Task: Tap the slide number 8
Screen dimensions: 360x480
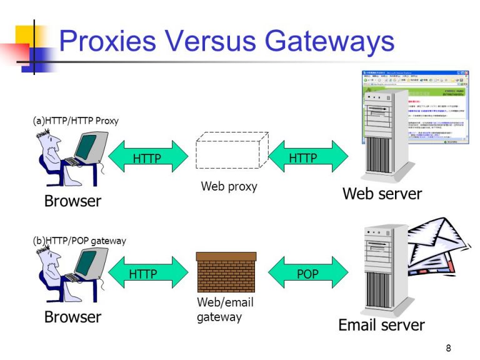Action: pyautogui.click(x=448, y=348)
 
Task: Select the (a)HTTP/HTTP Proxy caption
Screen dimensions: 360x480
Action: pyautogui.click(x=76, y=121)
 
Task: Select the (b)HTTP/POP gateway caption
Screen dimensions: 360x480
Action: pyautogui.click(x=79, y=241)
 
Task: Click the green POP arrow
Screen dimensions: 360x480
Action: pyautogui.click(x=307, y=274)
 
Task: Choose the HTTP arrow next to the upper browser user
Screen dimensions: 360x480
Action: pyautogui.click(x=147, y=158)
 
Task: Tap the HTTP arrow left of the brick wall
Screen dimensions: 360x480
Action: pyautogui.click(x=147, y=274)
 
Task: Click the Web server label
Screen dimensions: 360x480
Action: pyautogui.click(x=382, y=194)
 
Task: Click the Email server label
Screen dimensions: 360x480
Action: pyautogui.click(x=381, y=325)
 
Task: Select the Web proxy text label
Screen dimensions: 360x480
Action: pyautogui.click(x=229, y=186)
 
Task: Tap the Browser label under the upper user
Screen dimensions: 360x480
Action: pyautogui.click(x=72, y=201)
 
